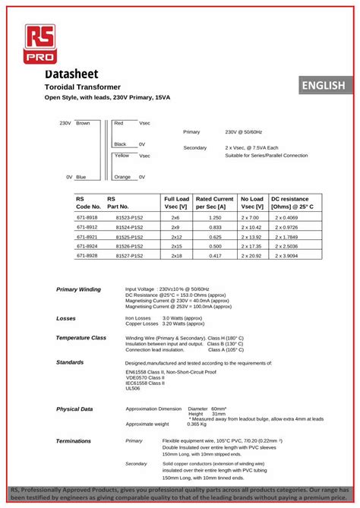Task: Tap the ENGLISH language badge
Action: click(323, 86)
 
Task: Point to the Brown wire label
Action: click(83, 123)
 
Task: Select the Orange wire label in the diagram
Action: click(122, 177)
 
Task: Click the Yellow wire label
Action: click(122, 155)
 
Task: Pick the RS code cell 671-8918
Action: click(87, 217)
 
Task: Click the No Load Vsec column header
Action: click(252, 203)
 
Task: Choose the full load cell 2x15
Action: click(175, 246)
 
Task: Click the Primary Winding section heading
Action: click(78, 289)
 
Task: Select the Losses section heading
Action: click(66, 318)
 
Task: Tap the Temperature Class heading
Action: click(81, 337)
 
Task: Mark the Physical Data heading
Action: click(74, 409)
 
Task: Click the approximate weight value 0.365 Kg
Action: click(197, 424)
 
